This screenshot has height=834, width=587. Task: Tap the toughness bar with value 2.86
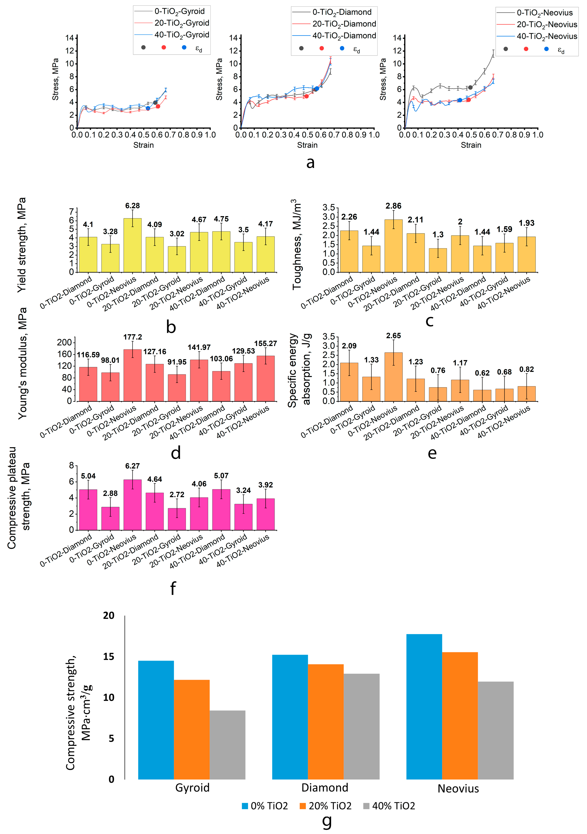[x=393, y=246]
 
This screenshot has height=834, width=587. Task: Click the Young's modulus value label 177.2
[x=132, y=337]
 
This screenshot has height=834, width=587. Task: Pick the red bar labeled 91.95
[x=177, y=388]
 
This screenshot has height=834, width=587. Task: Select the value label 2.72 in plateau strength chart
[x=177, y=494]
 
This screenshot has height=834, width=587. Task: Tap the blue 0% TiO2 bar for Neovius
[x=424, y=706]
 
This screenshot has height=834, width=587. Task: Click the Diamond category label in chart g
[x=325, y=787]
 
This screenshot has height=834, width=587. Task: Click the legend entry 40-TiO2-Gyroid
[x=182, y=35]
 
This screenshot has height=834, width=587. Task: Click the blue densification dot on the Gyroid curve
[x=148, y=108]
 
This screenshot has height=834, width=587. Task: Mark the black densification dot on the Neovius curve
[x=470, y=88]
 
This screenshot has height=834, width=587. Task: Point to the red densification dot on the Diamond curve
[x=306, y=96]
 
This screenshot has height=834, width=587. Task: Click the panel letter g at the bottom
[x=327, y=822]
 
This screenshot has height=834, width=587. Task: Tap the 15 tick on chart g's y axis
[x=109, y=656]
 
